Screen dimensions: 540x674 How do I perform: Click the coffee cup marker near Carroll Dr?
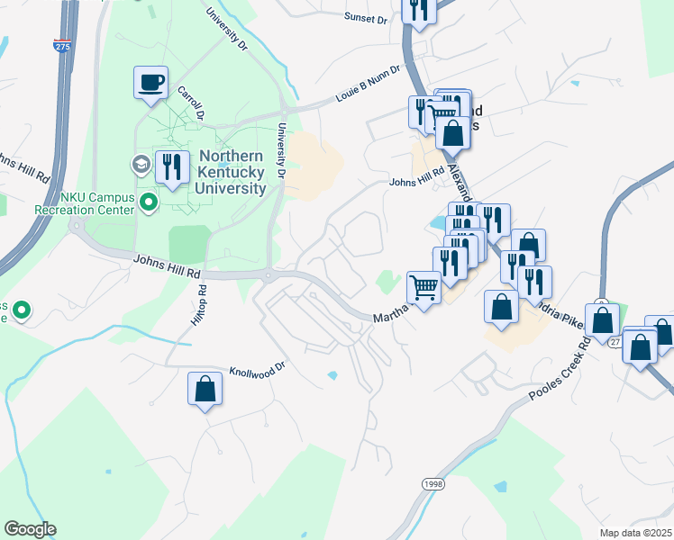[151, 83]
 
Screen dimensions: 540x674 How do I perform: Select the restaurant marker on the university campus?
[169, 167]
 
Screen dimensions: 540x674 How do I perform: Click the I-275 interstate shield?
[61, 44]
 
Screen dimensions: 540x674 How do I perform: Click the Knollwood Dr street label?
[257, 369]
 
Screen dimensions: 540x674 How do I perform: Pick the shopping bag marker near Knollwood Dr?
[205, 390]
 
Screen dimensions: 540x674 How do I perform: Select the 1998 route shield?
[433, 484]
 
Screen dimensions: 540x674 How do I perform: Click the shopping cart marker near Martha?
[424, 287]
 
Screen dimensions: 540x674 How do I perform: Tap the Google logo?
[30, 529]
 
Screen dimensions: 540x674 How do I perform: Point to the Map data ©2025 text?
[635, 533]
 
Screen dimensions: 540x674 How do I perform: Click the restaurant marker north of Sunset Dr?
[420, 10]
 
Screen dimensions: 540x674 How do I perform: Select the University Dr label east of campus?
[281, 149]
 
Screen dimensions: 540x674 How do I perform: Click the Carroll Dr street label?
[192, 104]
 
